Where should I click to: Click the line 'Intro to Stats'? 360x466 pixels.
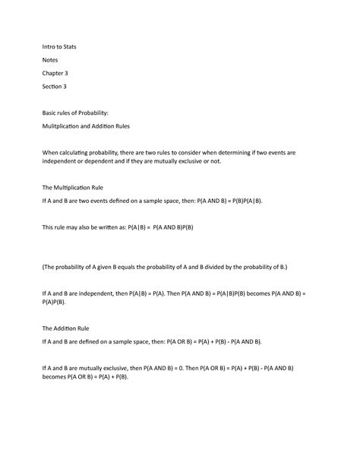point(58,46)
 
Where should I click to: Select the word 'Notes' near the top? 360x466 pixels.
point(51,60)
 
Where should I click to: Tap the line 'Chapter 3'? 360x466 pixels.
point(55,74)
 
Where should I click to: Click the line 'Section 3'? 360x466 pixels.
point(55,88)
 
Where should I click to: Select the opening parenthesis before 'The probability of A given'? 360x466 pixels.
point(43,268)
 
